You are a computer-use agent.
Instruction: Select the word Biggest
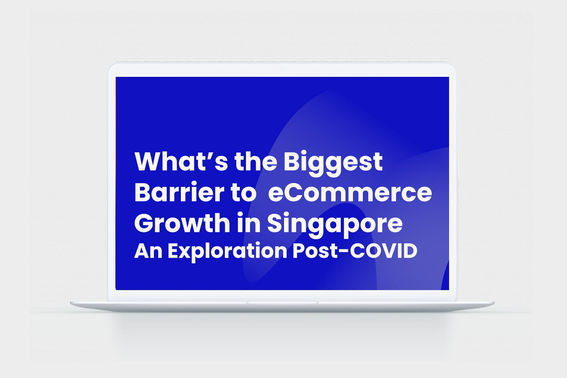coord(333,163)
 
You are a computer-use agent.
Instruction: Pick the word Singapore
coord(335,225)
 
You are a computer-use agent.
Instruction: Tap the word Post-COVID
coord(355,251)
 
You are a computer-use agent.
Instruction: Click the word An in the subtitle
coord(148,251)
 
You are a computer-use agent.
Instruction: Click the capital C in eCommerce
coord(297,192)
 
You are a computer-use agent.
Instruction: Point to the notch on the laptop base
coord(282,303)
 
